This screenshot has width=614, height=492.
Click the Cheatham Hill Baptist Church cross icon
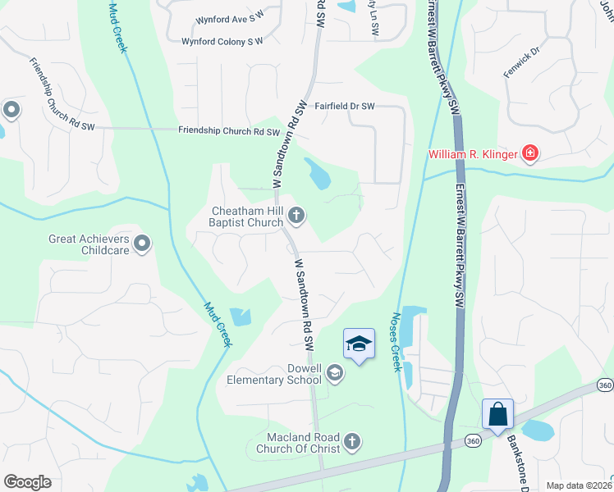296,216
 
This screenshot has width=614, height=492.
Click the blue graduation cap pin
359,343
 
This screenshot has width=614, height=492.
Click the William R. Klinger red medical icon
529,153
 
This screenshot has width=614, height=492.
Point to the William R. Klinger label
473,154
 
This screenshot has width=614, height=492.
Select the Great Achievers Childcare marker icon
142,243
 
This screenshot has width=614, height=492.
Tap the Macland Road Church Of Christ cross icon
352,442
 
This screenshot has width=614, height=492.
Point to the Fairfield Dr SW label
345,107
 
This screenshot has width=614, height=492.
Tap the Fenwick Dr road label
522,62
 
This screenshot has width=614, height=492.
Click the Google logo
28,482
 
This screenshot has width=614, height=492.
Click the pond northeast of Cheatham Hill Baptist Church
317,172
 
